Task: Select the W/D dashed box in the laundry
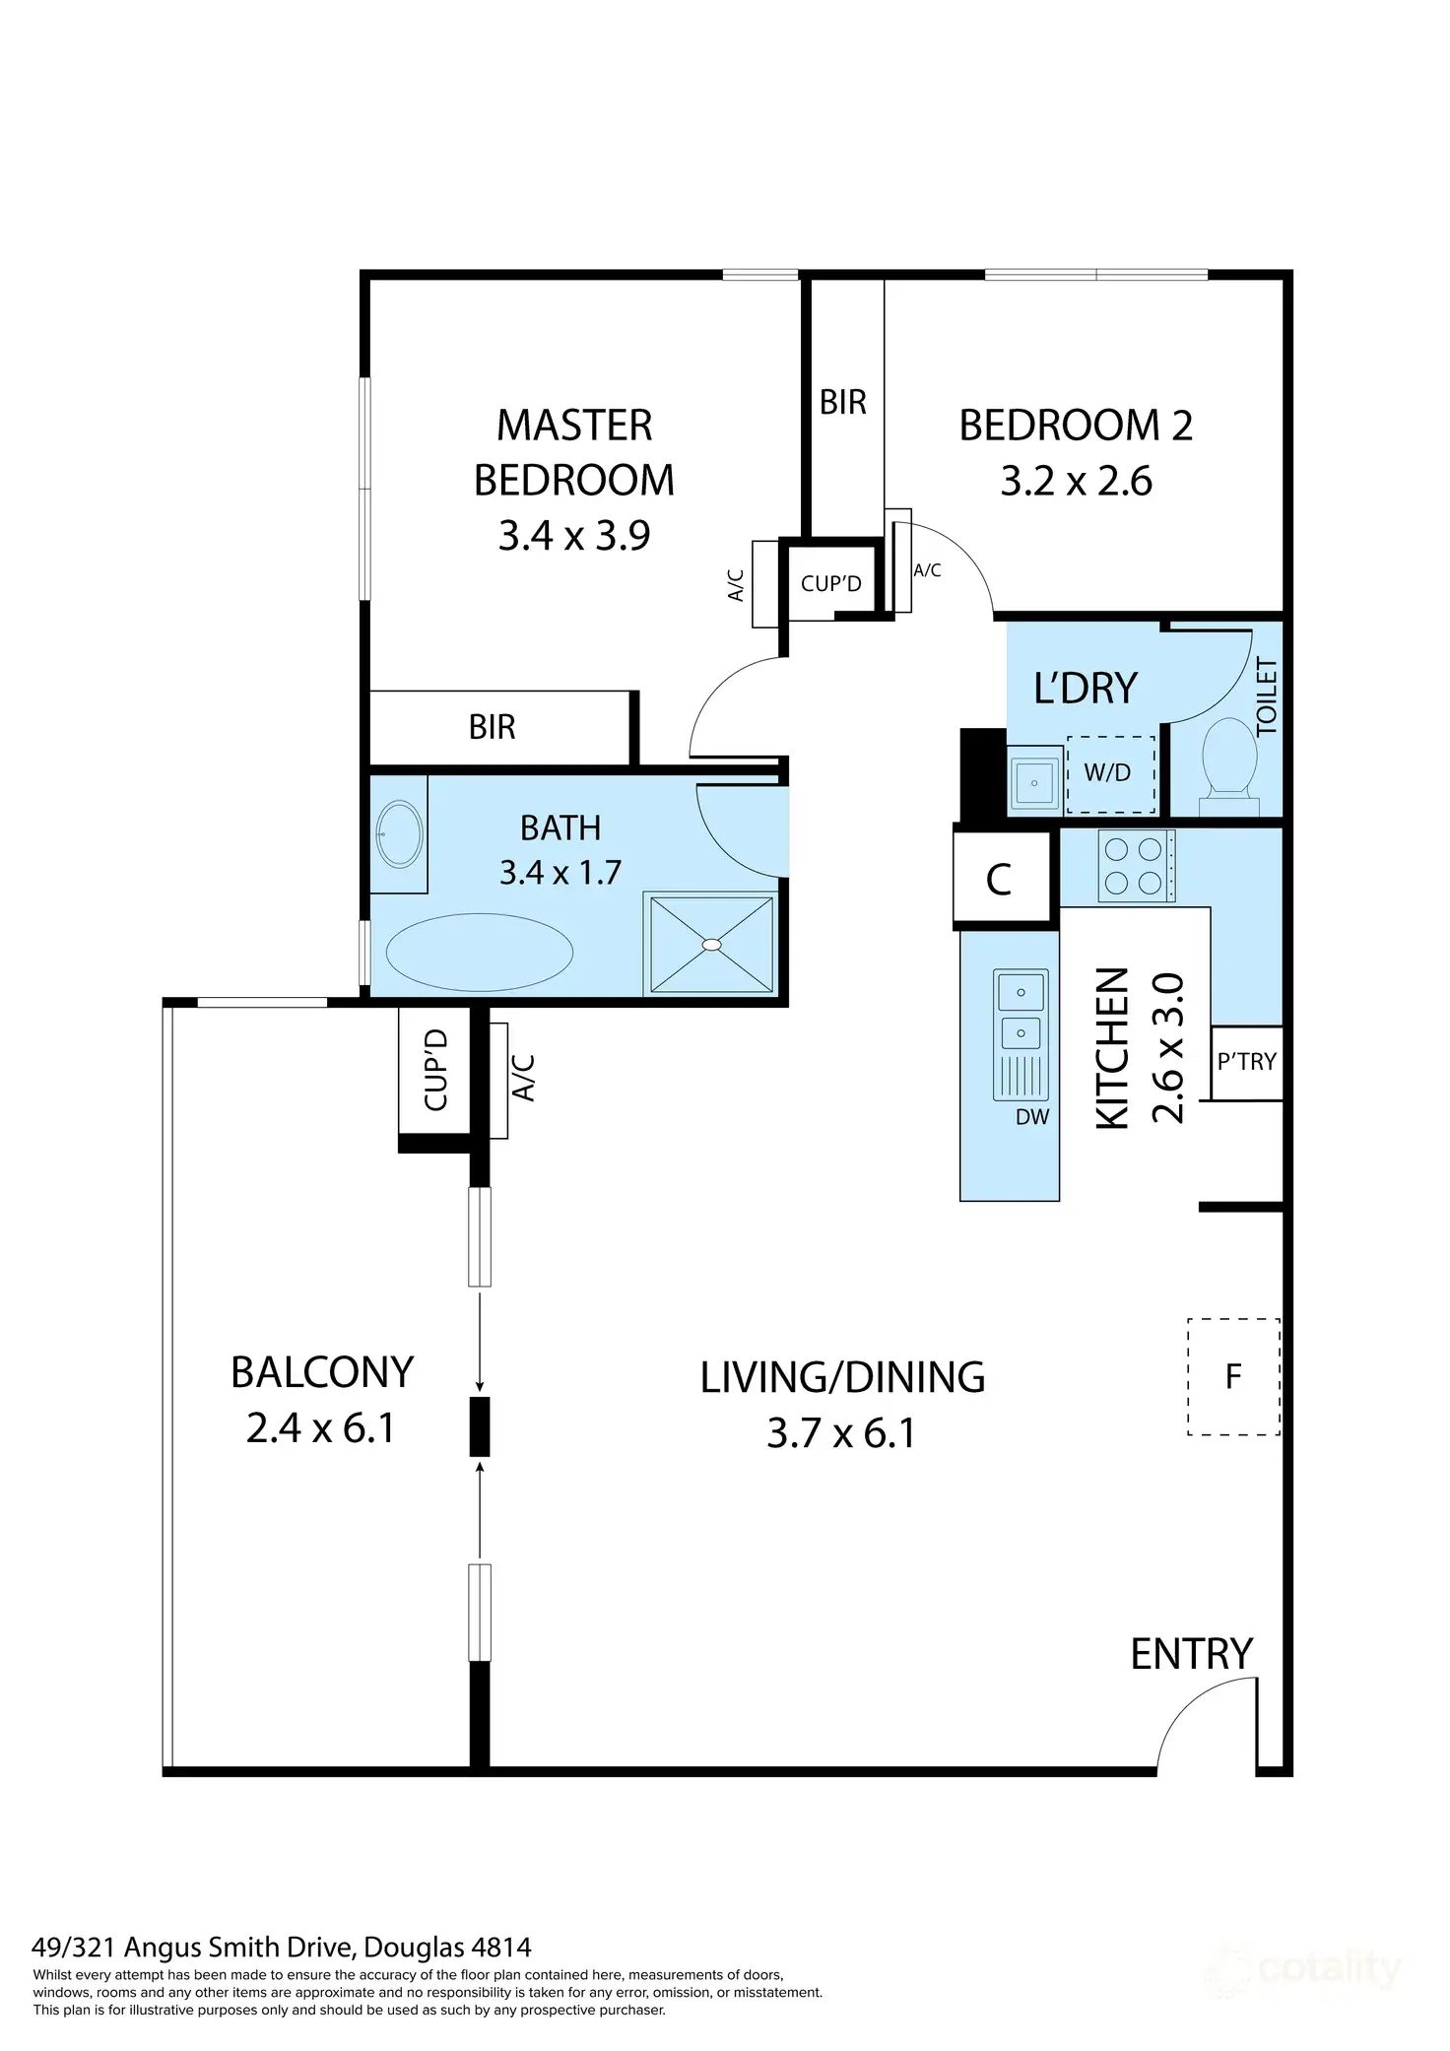click(1111, 774)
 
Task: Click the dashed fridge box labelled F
click(1233, 1376)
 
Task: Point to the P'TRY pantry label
click(1246, 1062)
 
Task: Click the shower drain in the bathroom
click(711, 944)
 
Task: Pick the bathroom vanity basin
click(400, 834)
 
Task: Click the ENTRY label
click(1192, 1654)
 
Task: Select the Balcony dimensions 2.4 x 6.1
click(321, 1427)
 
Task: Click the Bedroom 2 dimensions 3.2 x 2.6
click(1077, 482)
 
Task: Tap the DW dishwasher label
click(1032, 1117)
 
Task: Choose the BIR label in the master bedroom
click(493, 727)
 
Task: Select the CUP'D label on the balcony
click(435, 1070)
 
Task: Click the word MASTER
click(574, 426)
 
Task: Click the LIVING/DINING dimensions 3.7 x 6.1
click(842, 1432)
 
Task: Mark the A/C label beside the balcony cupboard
click(524, 1078)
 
